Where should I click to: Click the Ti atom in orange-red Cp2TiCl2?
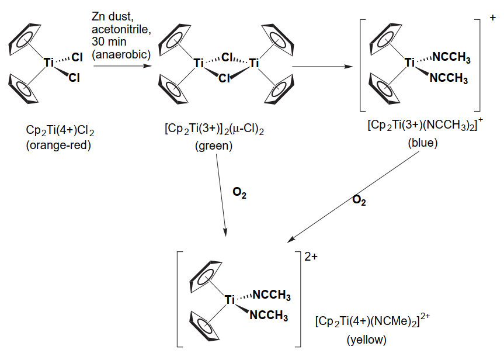(x=49, y=60)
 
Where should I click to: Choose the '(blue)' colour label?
(x=419, y=143)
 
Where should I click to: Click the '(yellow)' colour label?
(x=366, y=340)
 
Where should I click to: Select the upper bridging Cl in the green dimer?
(x=227, y=57)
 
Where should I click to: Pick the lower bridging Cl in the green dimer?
(x=225, y=78)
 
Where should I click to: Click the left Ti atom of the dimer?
(x=199, y=63)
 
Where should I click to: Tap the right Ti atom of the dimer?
(x=253, y=63)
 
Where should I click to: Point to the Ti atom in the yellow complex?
(x=230, y=300)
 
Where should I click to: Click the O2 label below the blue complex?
(x=359, y=201)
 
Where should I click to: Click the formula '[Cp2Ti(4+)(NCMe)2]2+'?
(x=372, y=321)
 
